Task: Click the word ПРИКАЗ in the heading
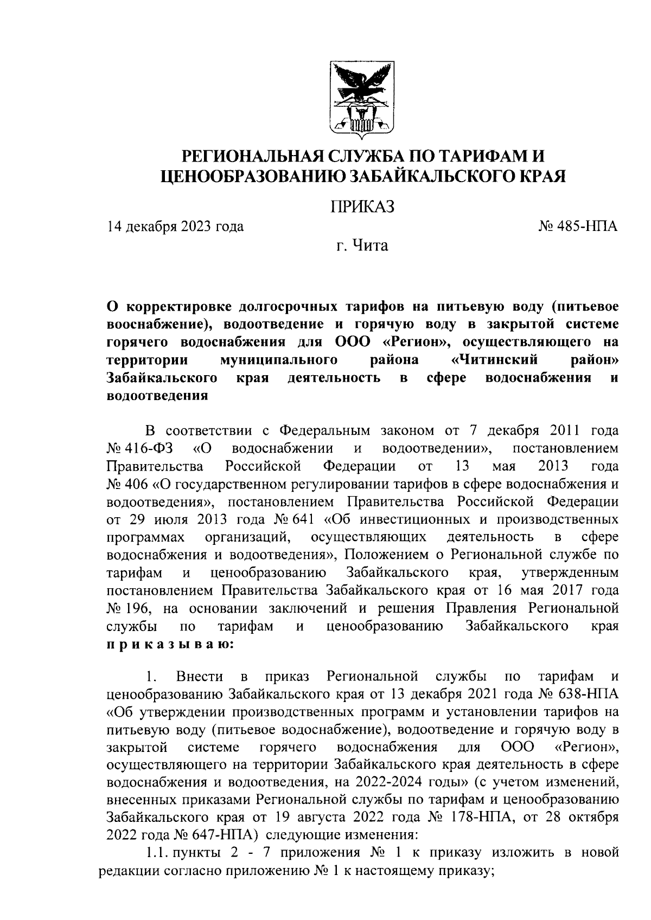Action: click(361, 207)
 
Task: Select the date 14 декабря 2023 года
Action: click(175, 226)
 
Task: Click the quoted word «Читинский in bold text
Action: click(494, 360)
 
